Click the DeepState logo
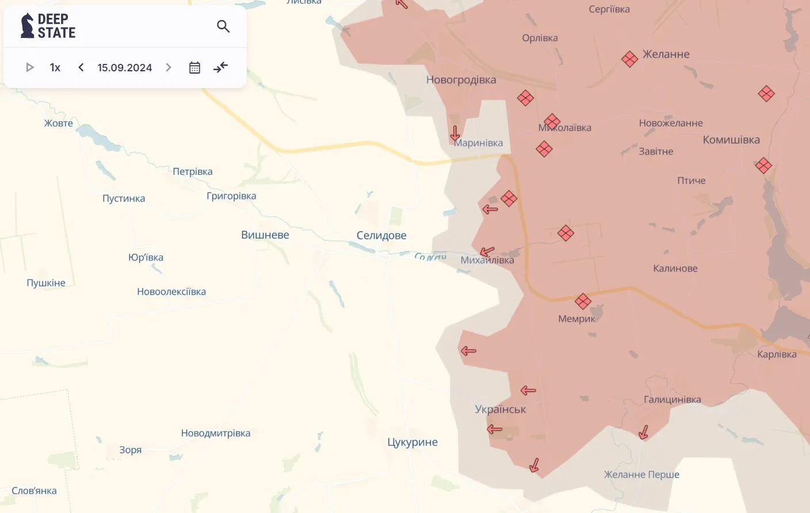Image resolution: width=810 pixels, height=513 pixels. coord(48,26)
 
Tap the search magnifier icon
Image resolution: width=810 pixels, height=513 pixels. coord(223,26)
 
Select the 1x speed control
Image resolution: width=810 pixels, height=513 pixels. coord(55,68)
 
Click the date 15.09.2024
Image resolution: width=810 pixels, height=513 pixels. coord(124,68)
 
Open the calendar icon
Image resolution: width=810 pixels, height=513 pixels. coord(194,68)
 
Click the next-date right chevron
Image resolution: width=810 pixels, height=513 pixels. coord(169,67)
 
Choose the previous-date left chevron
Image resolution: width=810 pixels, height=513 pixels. coord(81,67)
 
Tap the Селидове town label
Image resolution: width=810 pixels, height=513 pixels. coord(381,235)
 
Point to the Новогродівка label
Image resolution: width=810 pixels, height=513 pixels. coord(461,80)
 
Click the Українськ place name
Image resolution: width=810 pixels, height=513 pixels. coord(500,409)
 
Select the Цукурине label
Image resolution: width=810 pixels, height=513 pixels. coord(412,442)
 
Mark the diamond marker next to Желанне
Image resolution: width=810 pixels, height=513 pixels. coord(629,59)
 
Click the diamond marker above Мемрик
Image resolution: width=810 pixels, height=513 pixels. coord(583,301)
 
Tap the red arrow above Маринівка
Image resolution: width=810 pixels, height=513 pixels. coord(455,133)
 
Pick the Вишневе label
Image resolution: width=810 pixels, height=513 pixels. coord(265,235)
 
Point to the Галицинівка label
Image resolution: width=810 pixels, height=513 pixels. coord(672,400)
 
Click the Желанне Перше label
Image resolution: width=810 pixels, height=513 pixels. coord(641,474)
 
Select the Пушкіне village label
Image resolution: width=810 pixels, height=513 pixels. coord(46,283)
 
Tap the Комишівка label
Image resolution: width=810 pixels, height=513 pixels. coord(731,140)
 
